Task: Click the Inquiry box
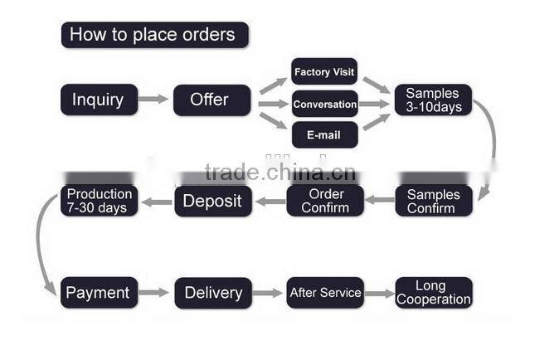coord(99,100)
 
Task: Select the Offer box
coord(212,100)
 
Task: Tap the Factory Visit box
coord(324,71)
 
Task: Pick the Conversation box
coord(325,104)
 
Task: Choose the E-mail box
coord(325,134)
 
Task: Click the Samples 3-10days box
coord(433,100)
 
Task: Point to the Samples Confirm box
coord(434,201)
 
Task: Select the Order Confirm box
coord(325,200)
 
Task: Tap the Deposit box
coord(213,201)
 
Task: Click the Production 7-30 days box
coord(99,200)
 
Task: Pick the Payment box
coord(99,292)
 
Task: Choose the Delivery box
coord(213,293)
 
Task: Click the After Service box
coord(325,292)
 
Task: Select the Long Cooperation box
coord(434,292)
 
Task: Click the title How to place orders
coord(155,35)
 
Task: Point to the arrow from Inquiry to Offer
coord(153,99)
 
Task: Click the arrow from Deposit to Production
coord(157,202)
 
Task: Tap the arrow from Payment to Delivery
coord(153,293)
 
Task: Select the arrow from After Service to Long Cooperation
coord(380,294)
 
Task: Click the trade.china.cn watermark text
coord(280,173)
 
